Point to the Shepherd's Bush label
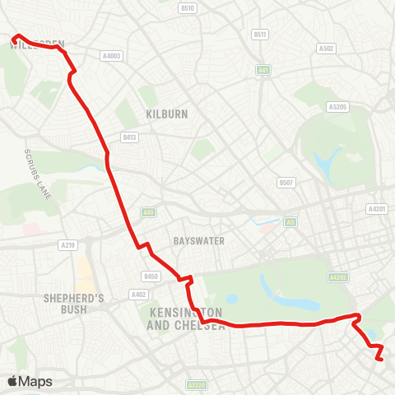pos(73,304)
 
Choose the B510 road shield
pos(188,8)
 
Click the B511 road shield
pos(260,35)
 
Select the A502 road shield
pos(326,49)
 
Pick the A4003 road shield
pos(111,56)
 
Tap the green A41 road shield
pos(263,70)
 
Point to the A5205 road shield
pos(337,107)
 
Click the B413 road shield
pos(129,137)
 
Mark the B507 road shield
pos(286,183)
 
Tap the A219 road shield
pos(67,244)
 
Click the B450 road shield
pos(150,276)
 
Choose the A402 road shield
pos(137,294)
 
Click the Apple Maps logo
pos(30,381)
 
